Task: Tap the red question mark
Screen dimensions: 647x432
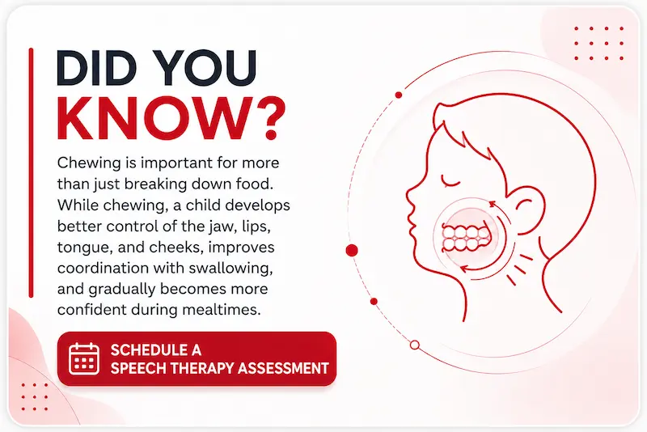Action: click(x=272, y=119)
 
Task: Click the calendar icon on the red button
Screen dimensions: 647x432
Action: click(x=84, y=358)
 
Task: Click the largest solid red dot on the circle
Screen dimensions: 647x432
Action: click(x=352, y=250)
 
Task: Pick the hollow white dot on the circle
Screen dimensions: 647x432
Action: click(x=415, y=345)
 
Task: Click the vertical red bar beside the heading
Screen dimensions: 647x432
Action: click(x=31, y=172)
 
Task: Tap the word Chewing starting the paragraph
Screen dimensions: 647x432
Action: click(x=89, y=163)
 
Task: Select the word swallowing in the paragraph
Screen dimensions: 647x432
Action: click(x=230, y=269)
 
